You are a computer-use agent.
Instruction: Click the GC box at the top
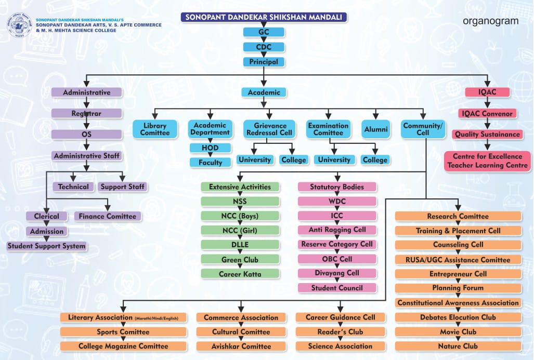click(264, 32)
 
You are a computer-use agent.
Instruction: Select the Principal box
click(264, 62)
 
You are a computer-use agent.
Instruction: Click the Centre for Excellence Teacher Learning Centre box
click(487, 161)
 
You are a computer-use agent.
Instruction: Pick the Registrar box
click(86, 113)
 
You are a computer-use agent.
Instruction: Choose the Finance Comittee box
click(107, 217)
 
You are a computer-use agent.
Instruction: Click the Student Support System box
click(46, 246)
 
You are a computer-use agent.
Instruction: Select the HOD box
click(210, 148)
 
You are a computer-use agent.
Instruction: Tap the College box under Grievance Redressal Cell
click(294, 160)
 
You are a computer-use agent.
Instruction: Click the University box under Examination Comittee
click(334, 160)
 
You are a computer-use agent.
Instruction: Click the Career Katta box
click(240, 274)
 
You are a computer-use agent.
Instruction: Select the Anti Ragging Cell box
click(337, 230)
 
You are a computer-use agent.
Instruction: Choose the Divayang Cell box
click(337, 273)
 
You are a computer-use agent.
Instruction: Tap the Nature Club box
click(458, 346)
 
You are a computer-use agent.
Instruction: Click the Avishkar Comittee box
click(241, 346)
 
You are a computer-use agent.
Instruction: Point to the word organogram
click(490, 21)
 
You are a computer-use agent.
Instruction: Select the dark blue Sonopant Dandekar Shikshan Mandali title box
click(264, 17)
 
